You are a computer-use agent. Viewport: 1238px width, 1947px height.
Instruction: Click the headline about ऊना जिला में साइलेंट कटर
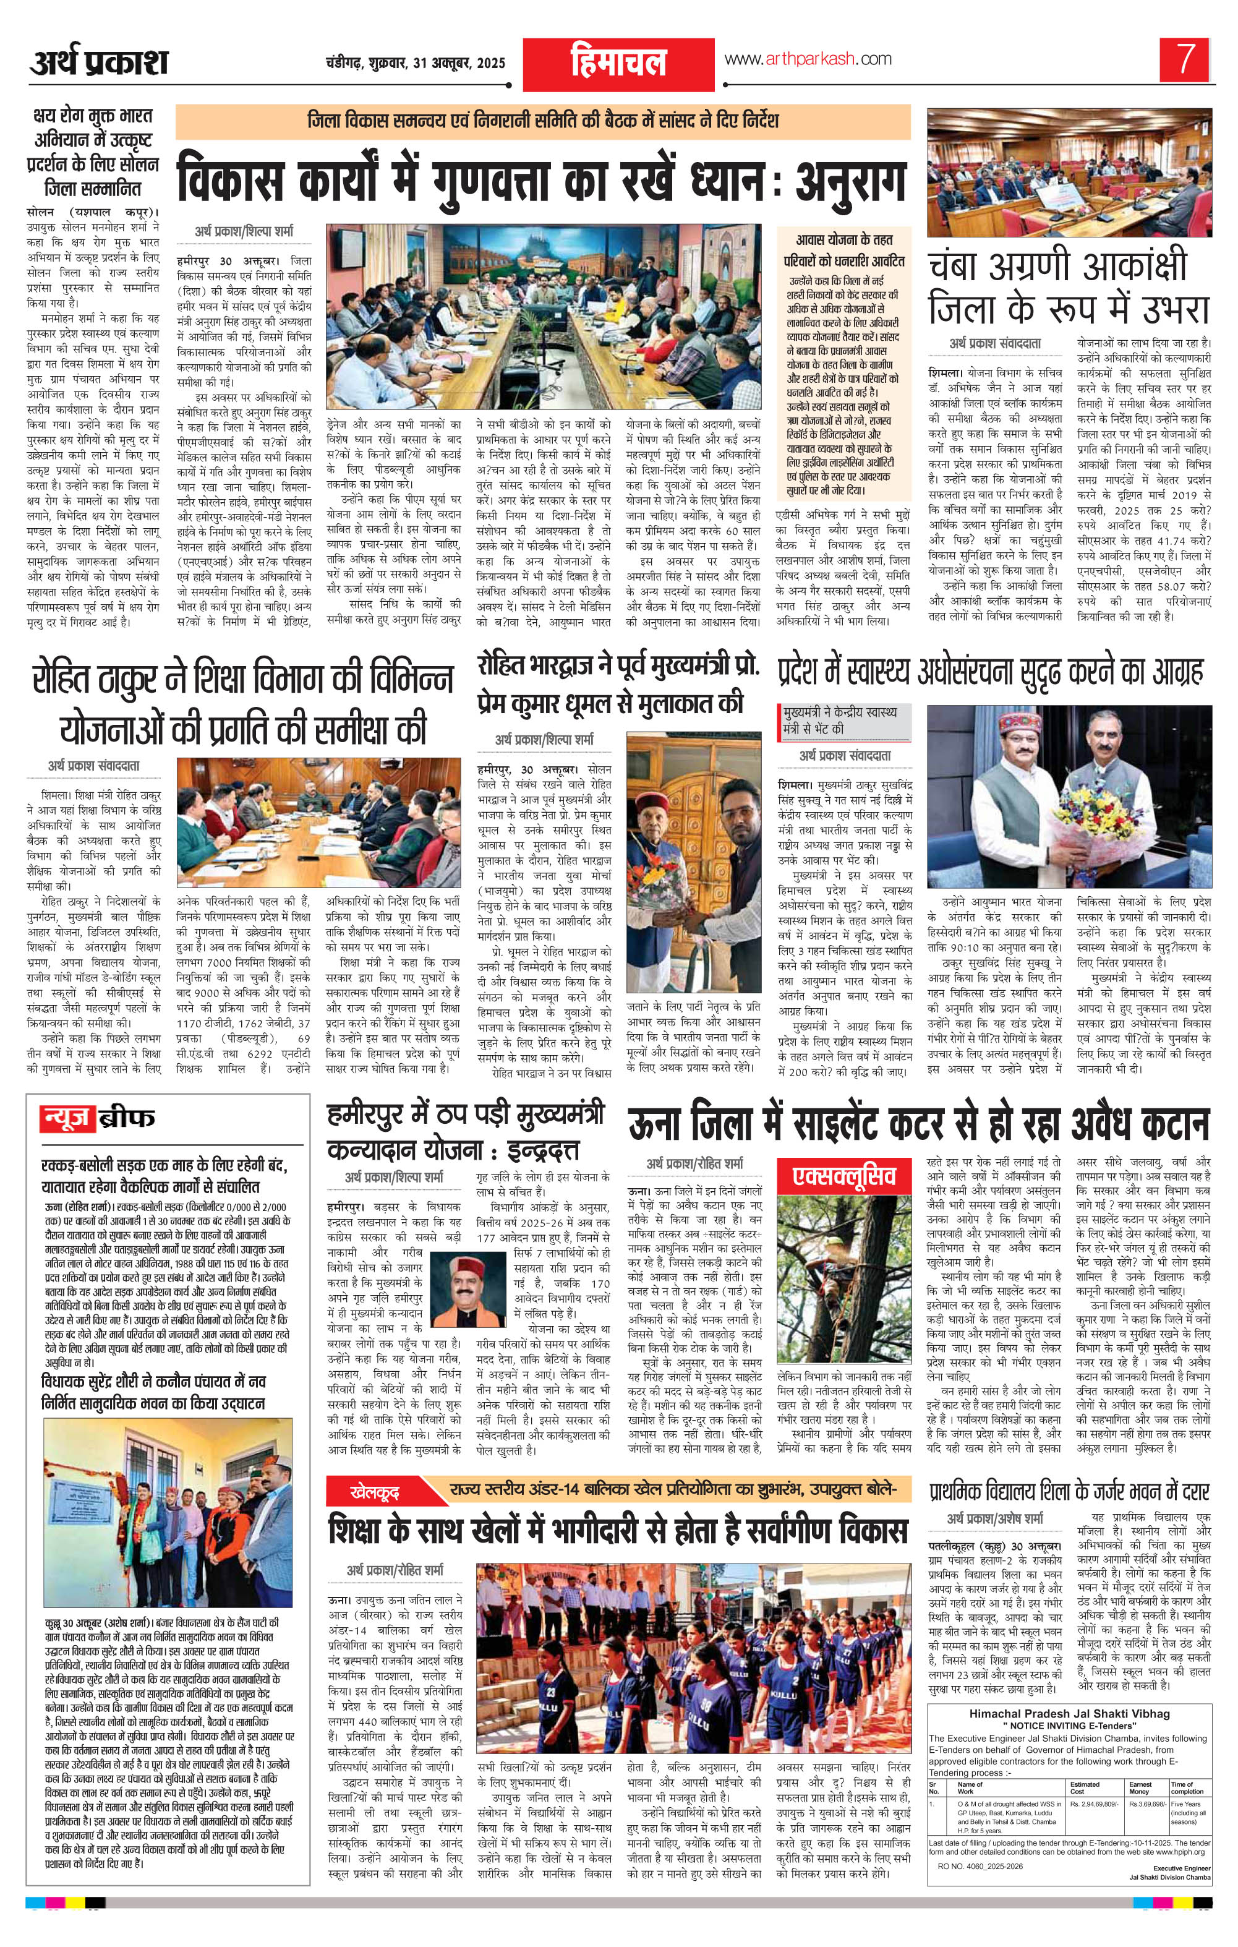[918, 1126]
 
